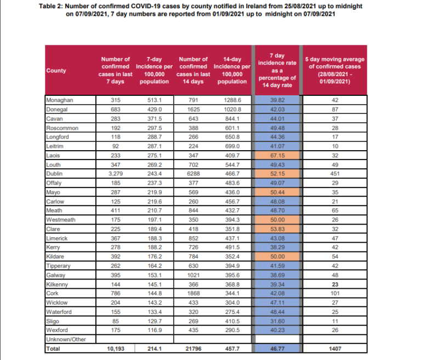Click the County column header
pos(56,71)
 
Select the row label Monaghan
pos(60,100)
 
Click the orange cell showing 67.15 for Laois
pos(277,156)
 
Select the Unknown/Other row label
pos(66,340)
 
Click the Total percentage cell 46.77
pos(277,348)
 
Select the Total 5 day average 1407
pos(334,348)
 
